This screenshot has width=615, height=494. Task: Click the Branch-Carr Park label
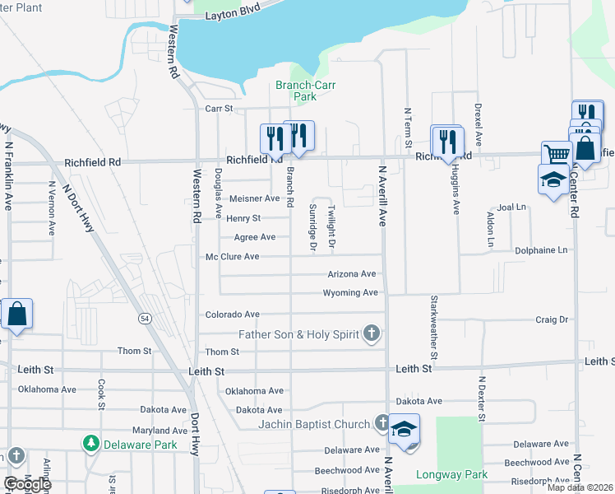click(x=305, y=91)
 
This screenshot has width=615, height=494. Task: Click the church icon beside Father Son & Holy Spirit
click(x=372, y=333)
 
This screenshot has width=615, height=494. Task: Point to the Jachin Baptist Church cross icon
click(x=381, y=424)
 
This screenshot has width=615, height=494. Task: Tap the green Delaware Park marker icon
click(x=90, y=445)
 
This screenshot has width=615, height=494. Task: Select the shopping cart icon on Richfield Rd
click(x=557, y=154)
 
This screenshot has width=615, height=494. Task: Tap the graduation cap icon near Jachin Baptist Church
click(x=404, y=430)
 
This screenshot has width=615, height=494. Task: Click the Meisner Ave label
click(x=255, y=198)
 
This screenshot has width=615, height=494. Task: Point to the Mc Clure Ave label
click(x=232, y=257)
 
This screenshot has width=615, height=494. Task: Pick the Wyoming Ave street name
click(x=350, y=293)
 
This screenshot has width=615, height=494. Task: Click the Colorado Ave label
click(x=232, y=315)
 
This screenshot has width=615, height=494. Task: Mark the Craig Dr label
click(x=552, y=319)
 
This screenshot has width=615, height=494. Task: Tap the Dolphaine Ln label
click(x=540, y=249)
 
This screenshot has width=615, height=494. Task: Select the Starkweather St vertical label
click(x=432, y=322)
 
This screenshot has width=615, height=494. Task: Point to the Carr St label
click(x=220, y=108)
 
